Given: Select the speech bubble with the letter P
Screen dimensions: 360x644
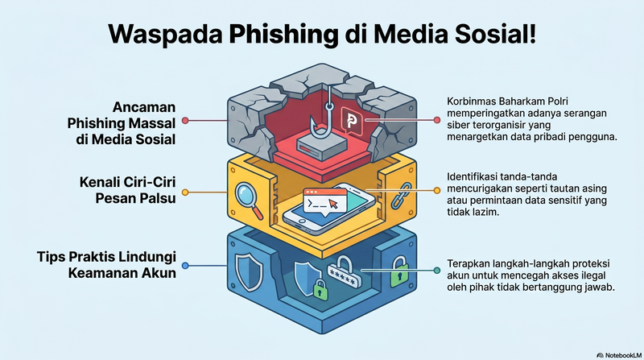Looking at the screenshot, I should [x=351, y=122].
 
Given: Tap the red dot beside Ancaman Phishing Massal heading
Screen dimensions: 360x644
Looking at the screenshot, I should [x=185, y=120].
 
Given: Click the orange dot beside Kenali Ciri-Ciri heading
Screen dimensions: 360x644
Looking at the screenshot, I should [x=185, y=192].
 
